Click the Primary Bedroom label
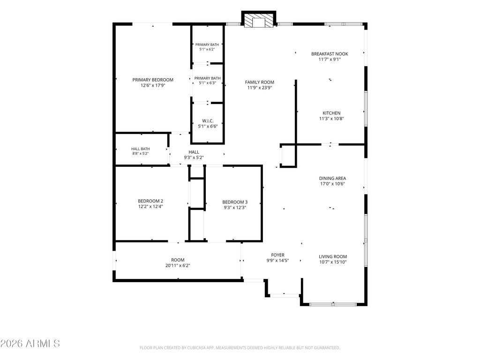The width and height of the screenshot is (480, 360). coord(153,80)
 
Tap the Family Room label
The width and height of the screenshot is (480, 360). coord(260,82)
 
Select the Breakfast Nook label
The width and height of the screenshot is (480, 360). coord(330,54)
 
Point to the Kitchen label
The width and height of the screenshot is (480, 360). coord(331,113)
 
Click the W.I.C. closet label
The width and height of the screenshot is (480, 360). coord(208,121)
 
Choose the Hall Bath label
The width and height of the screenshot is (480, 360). coord(141,149)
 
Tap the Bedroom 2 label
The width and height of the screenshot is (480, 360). coord(150,201)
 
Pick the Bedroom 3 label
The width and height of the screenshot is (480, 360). coord(235,202)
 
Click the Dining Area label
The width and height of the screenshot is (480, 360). coord(332,179)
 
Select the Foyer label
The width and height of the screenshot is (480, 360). coord(277,255)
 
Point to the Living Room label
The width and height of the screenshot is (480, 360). coord(333,257)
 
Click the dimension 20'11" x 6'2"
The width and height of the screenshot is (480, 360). coord(178,266)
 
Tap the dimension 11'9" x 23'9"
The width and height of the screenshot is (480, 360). coord(260,88)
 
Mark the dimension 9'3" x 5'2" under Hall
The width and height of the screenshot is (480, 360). coord(194,157)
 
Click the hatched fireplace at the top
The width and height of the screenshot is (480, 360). coord(259,21)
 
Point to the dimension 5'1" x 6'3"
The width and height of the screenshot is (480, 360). coord(208,83)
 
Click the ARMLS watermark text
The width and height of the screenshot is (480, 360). coord(30,344)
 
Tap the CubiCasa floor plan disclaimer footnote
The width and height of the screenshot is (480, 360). coord(240,348)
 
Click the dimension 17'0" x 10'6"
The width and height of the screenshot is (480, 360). coord(332,184)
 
